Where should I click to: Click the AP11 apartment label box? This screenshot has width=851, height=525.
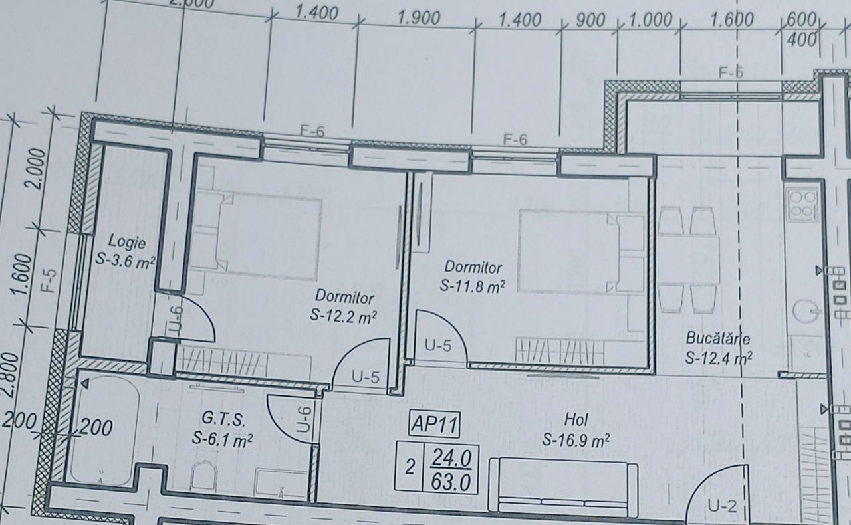[x=434, y=425]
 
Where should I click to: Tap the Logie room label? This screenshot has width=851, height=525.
[x=126, y=242]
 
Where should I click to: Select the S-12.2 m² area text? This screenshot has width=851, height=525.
[x=344, y=316]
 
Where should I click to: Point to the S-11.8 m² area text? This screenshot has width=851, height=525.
[x=473, y=286]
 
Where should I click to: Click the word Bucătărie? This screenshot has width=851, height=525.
[x=718, y=338]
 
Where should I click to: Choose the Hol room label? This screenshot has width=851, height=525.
[x=576, y=420]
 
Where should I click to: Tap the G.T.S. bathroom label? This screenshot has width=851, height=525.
[x=223, y=419]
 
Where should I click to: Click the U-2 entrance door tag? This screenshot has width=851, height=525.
[x=722, y=506]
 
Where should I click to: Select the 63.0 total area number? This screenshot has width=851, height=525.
[x=451, y=482]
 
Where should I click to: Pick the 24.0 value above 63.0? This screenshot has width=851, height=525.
[x=451, y=459]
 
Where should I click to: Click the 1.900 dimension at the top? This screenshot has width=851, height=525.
[x=419, y=18]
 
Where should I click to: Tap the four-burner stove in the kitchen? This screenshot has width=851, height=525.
[x=802, y=205]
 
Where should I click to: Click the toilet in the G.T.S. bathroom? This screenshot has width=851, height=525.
[x=204, y=476]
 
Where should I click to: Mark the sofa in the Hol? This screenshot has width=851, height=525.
[x=562, y=486]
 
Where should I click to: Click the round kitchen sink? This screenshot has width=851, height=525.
[x=805, y=312]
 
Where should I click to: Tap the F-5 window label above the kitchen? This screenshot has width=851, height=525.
[x=731, y=72]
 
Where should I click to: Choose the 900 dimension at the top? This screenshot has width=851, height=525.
[x=590, y=20]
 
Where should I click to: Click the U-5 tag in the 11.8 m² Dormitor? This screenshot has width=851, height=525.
[x=438, y=346]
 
